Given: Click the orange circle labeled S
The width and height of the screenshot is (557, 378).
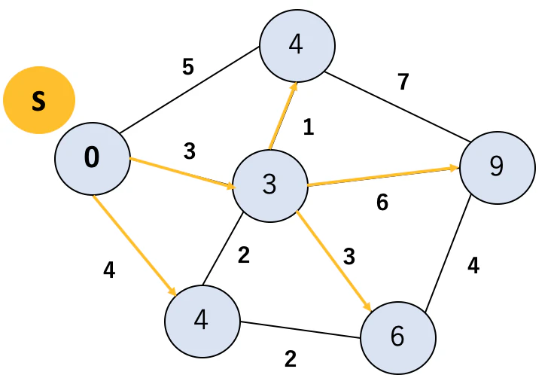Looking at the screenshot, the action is pos(39,100).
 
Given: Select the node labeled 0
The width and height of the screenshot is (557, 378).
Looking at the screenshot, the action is pos(93,158).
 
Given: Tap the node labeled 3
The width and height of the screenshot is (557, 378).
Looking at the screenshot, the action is pos(270,186).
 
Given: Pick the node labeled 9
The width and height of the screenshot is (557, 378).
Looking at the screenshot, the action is pos(498,168).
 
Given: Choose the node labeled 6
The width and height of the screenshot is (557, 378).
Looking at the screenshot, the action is pos(398,337).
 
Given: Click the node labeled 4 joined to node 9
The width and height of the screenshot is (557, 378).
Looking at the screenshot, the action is pos(297,46).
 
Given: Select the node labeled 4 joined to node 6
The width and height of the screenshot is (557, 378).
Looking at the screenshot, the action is pos(202,322).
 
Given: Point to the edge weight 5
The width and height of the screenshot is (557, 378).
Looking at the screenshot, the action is pos(188,66).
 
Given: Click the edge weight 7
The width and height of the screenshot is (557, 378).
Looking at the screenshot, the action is pos(403,82).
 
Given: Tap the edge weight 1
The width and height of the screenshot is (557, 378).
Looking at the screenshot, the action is pos(309,127).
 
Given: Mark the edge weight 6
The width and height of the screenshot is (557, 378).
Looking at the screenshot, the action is pos(382,203).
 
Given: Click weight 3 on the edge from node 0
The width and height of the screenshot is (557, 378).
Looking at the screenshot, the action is pos(190,151).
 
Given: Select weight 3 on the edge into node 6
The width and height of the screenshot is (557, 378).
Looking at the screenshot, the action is pos(349,257).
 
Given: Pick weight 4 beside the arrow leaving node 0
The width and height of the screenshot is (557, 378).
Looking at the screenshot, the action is pos(109,270).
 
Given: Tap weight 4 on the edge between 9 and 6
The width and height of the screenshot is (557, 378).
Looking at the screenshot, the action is pos(473,265).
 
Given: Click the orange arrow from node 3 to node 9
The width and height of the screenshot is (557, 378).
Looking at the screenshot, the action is pos(383,176).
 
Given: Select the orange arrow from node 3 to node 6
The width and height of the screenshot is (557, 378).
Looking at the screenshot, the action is pos(334,261).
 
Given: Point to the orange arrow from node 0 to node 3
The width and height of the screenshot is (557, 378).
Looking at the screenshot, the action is pos(182,173).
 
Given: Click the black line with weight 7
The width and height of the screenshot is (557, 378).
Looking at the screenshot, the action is pos(397,107).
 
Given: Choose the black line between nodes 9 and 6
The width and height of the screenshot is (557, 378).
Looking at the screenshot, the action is pos(448,253).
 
